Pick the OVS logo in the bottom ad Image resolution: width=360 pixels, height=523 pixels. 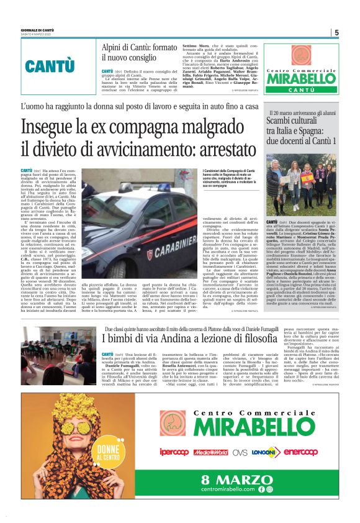pos(240,452)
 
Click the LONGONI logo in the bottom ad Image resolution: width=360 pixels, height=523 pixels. pos(266,452)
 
